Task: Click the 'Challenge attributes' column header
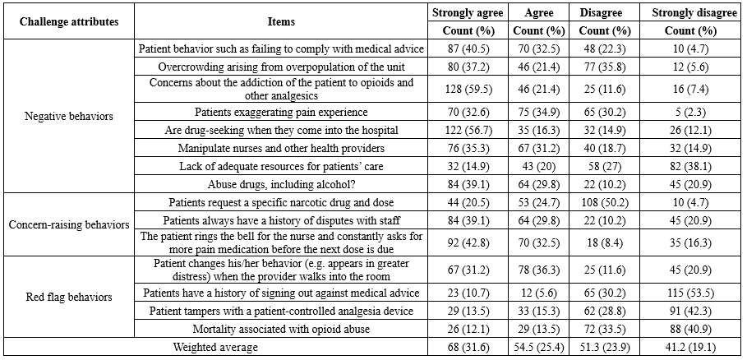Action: point(69,22)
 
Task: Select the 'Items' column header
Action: point(281,22)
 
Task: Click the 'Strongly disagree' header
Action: point(694,13)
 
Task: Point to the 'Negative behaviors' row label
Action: point(69,116)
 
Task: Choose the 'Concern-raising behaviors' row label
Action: point(69,224)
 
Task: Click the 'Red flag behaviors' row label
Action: point(69,298)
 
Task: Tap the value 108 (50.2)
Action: point(602,202)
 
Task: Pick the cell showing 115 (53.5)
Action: point(694,293)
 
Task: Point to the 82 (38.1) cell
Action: point(694,167)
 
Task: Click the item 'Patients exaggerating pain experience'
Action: point(281,113)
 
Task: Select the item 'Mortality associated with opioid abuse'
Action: point(281,329)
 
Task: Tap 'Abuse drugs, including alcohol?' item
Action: point(281,185)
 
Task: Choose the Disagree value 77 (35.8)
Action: point(602,67)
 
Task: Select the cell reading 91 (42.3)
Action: point(694,311)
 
